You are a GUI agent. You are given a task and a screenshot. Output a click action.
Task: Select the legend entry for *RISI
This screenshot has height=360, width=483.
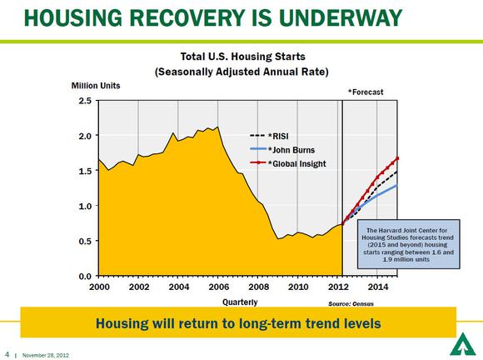269,136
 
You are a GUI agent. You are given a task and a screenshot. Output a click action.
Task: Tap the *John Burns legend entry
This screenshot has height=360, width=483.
282,150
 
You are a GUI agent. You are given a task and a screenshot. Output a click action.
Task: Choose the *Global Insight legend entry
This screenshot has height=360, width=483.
287,163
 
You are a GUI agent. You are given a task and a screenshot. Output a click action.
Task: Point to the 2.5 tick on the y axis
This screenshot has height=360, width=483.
85,101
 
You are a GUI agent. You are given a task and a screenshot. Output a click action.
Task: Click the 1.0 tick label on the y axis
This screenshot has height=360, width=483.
85,206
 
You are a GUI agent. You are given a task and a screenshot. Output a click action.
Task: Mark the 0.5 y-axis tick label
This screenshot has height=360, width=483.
85,241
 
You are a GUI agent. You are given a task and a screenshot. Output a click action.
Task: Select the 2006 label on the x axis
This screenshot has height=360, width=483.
219,287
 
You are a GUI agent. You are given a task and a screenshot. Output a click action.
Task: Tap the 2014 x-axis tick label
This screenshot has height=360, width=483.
378,287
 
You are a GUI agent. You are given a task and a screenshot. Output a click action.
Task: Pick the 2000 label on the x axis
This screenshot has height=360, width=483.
99,287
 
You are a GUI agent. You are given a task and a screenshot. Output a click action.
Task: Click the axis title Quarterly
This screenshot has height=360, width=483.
240,302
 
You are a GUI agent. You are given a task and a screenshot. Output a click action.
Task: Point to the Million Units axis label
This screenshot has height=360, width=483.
96,86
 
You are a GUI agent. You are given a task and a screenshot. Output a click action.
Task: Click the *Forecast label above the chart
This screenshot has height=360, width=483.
366,92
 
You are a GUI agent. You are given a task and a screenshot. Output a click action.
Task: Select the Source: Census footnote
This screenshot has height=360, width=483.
351,304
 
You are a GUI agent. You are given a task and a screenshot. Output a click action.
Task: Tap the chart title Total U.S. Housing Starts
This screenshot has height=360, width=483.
242,57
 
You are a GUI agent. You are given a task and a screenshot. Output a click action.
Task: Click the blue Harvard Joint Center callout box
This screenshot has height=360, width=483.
408,244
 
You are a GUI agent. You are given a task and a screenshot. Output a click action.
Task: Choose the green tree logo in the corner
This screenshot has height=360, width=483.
461,344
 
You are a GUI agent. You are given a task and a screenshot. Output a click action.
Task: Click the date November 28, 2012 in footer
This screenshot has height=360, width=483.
46,355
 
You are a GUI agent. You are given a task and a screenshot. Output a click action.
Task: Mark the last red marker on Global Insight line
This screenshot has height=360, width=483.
397,158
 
